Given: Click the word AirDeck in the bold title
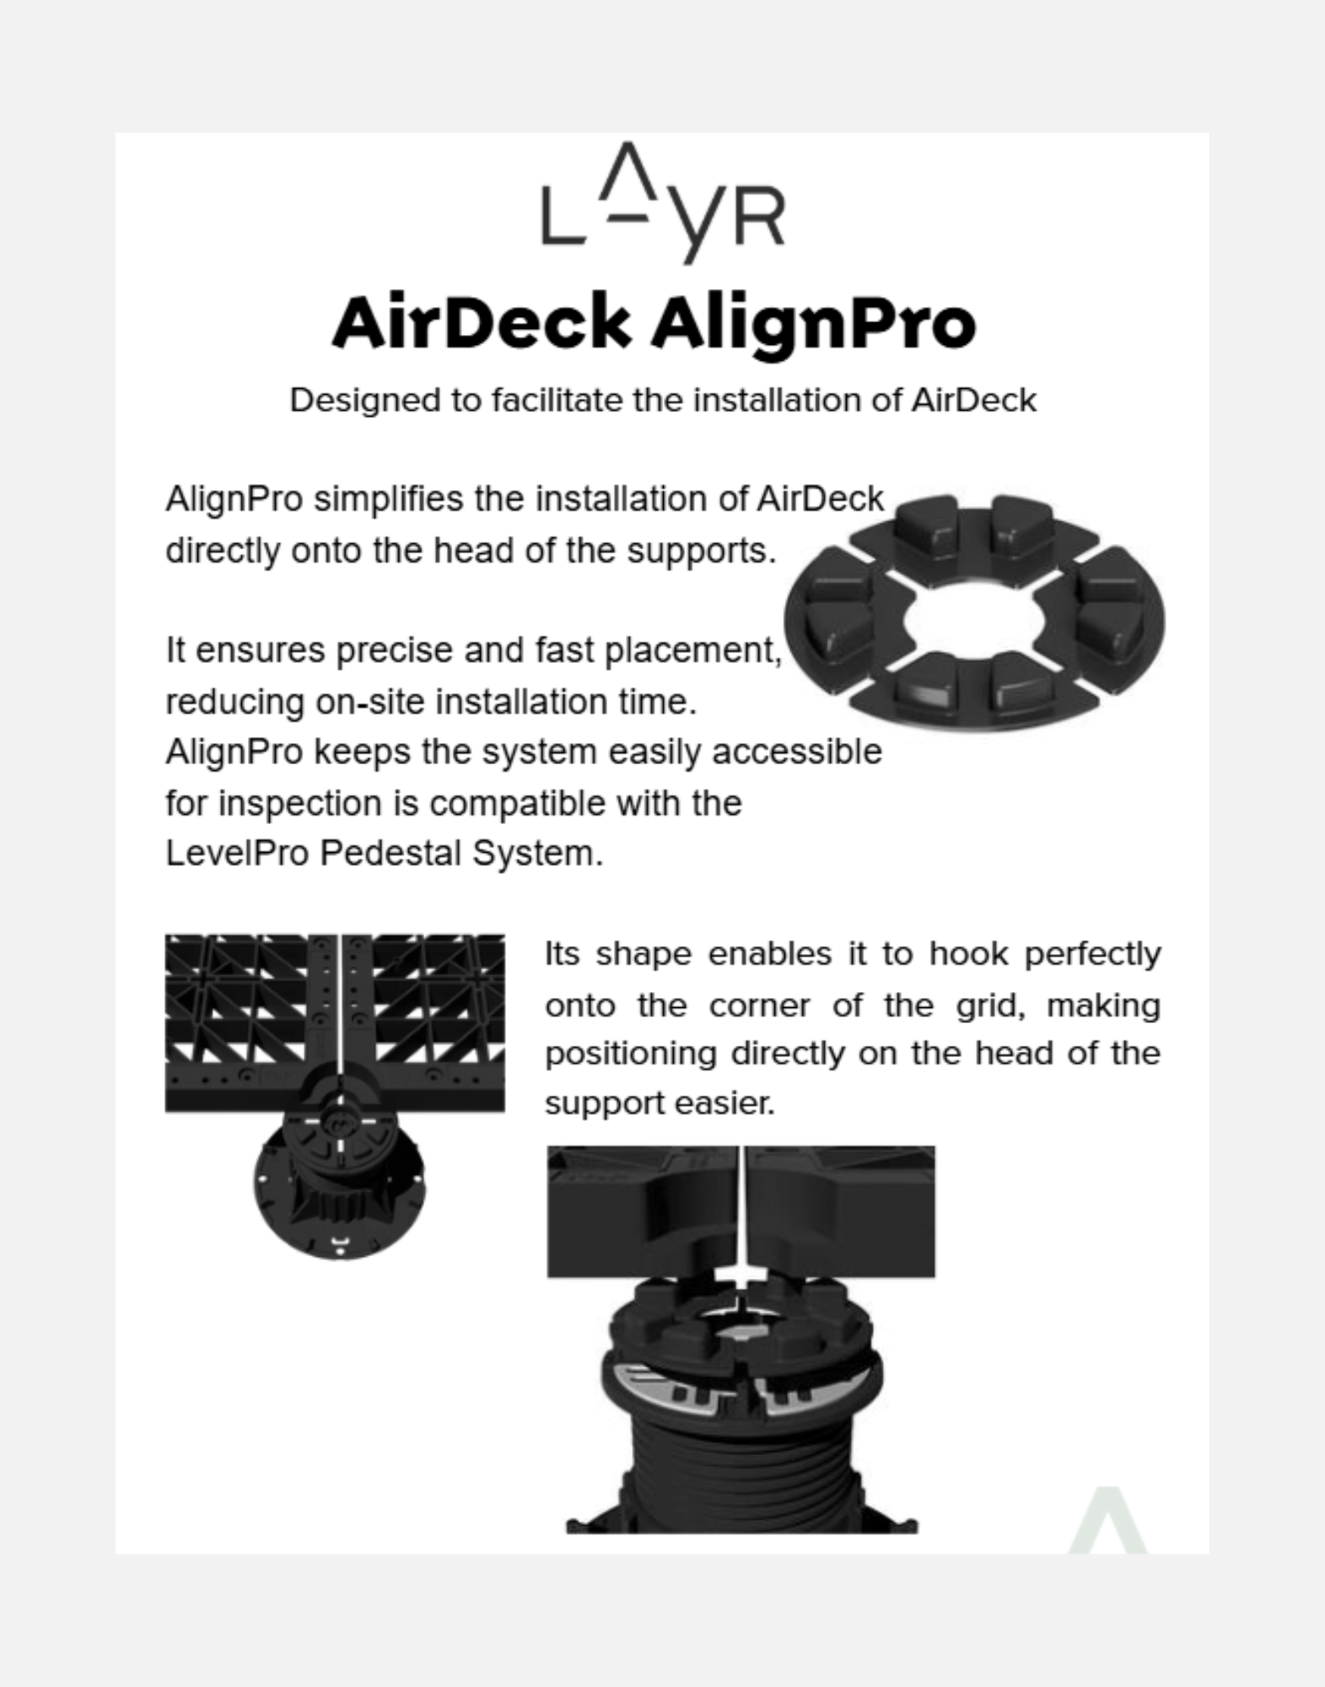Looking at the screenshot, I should [482, 323].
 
